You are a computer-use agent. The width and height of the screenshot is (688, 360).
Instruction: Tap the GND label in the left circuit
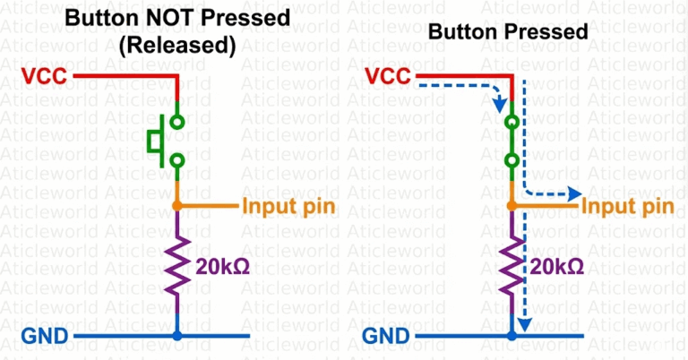[44, 336]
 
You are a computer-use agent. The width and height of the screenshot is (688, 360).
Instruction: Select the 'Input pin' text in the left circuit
[288, 207]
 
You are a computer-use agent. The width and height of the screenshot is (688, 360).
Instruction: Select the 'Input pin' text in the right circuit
[628, 207]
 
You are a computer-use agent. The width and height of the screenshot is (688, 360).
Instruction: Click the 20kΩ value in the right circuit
[557, 266]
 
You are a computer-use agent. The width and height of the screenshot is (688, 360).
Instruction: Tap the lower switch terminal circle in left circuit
[177, 161]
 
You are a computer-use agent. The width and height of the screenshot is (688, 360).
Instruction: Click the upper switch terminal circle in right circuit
[511, 122]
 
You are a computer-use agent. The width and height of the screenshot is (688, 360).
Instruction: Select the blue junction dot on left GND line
[177, 336]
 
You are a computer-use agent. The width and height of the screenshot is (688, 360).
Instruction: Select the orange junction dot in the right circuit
[511, 207]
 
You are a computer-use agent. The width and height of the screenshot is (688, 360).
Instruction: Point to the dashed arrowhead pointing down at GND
[527, 323]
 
